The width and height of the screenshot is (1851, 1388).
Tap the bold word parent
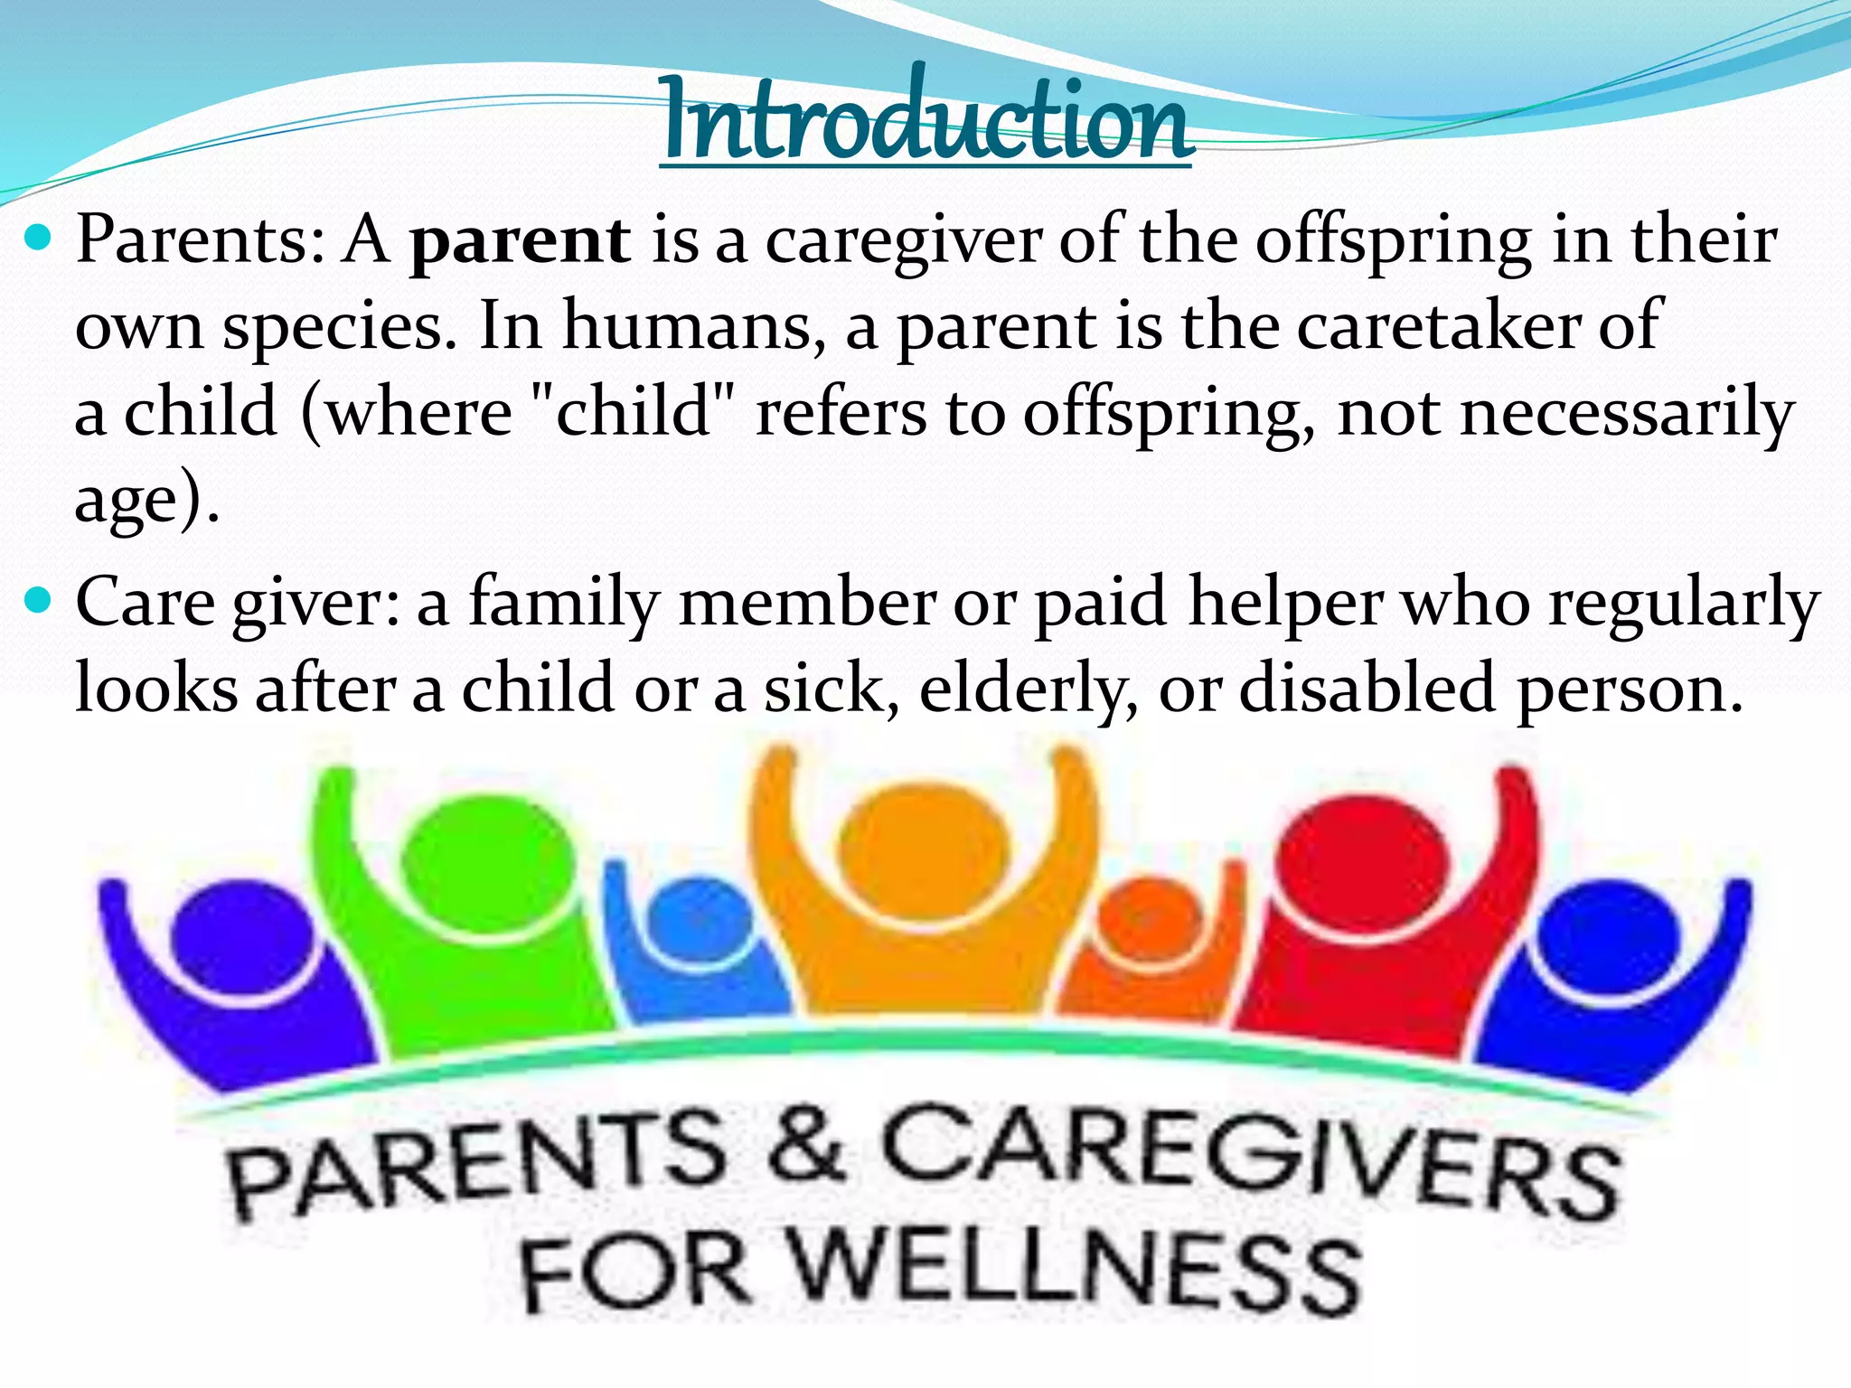tap(520, 241)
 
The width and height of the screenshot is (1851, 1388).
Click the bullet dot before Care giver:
tap(39, 600)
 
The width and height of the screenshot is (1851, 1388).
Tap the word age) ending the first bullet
tap(145, 500)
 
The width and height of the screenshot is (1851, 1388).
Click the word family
tap(564, 603)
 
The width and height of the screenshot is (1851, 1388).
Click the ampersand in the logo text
tap(804, 1148)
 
